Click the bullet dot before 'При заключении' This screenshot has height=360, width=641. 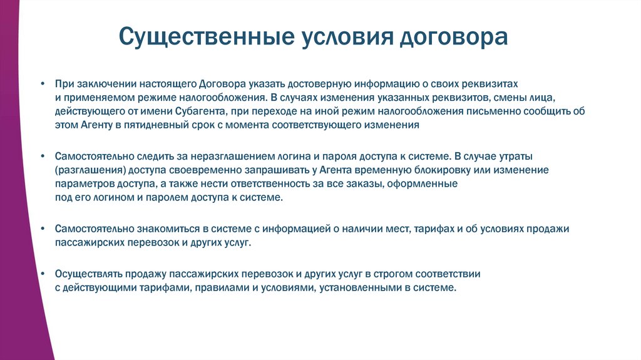point(41,83)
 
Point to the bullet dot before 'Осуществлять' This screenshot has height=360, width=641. point(41,274)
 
